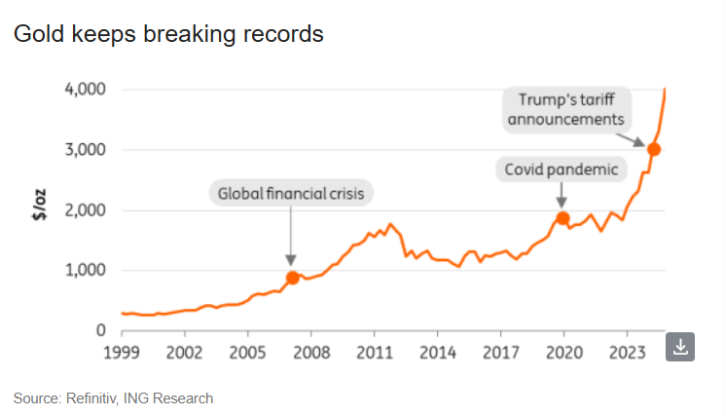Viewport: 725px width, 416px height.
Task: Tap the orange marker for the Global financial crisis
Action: [x=291, y=278]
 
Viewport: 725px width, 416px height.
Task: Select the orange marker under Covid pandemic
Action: [x=562, y=218]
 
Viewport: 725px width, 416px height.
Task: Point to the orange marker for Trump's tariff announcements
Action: [x=654, y=149]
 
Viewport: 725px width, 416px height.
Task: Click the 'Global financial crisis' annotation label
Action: [x=292, y=193]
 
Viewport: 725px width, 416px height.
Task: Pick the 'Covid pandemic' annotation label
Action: [x=562, y=170]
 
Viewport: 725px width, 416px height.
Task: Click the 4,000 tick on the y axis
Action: [x=87, y=90]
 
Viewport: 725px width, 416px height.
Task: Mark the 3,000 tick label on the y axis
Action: [x=87, y=150]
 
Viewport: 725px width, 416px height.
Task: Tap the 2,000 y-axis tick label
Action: [x=87, y=210]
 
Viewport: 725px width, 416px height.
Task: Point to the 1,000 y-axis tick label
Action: [x=87, y=271]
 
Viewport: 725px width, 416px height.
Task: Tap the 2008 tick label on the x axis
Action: [x=310, y=351]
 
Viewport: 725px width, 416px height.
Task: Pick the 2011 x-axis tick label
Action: [x=374, y=351]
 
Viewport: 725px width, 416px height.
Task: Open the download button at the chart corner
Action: [x=679, y=346]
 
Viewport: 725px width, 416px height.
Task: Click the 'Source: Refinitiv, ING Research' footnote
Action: [x=113, y=398]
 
